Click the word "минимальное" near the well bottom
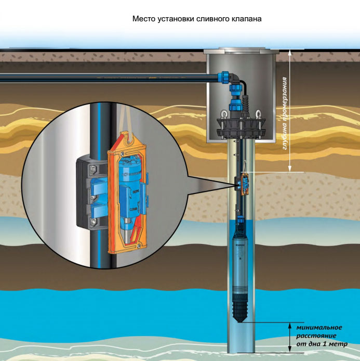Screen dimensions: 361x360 [319, 327]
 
